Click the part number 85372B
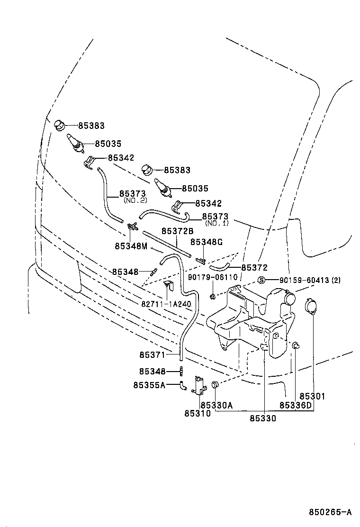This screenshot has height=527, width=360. pyautogui.click(x=178, y=231)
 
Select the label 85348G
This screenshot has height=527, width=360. pyautogui.click(x=206, y=242)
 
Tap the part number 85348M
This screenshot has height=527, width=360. pyautogui.click(x=131, y=246)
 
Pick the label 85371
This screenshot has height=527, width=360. pyautogui.click(x=153, y=354)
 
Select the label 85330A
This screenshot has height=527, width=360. pyautogui.click(x=216, y=405)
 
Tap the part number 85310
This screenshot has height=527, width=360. pyautogui.click(x=198, y=414)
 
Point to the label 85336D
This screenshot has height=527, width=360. pyautogui.click(x=296, y=405)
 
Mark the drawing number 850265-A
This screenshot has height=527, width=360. pyautogui.click(x=331, y=512)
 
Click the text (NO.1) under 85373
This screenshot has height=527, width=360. pyautogui.click(x=216, y=223)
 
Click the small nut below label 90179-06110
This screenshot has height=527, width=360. pyautogui.click(x=213, y=296)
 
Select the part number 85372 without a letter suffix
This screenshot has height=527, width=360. pyautogui.click(x=254, y=268)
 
